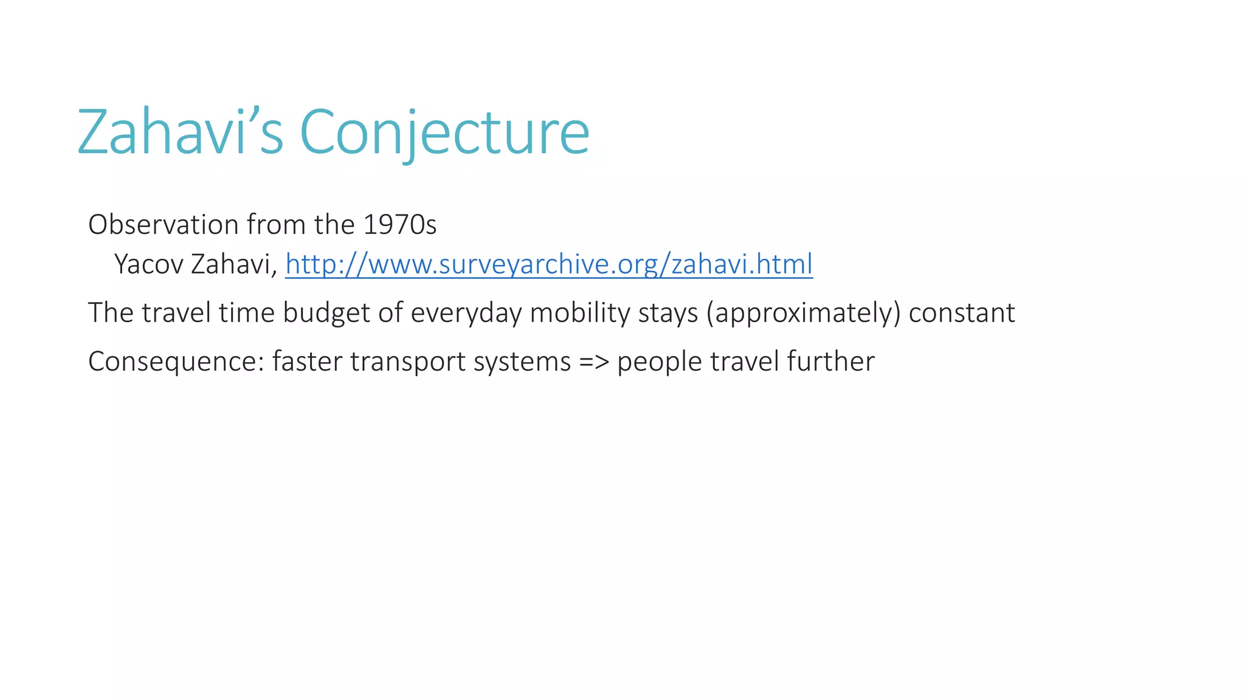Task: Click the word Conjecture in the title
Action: (x=444, y=132)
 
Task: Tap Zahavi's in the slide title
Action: (x=180, y=132)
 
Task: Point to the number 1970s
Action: (x=399, y=225)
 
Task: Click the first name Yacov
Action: (x=149, y=264)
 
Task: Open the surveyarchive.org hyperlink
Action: (x=548, y=264)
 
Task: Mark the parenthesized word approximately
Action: (x=803, y=313)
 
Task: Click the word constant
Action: (x=962, y=313)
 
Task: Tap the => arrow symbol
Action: (x=594, y=362)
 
